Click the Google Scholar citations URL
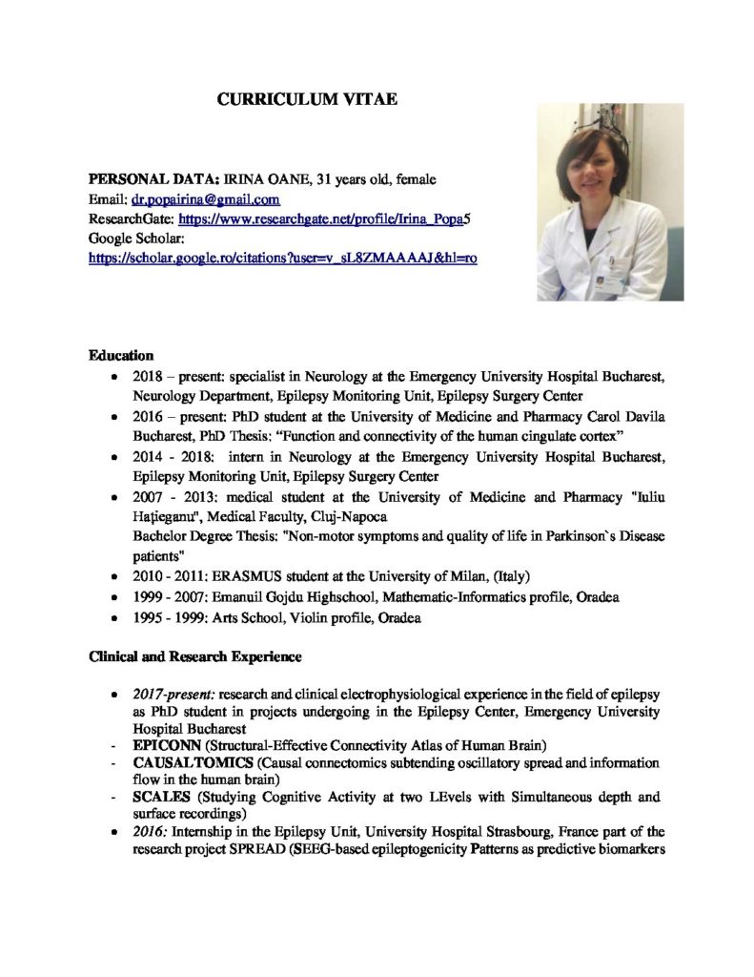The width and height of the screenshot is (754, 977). (x=282, y=257)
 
